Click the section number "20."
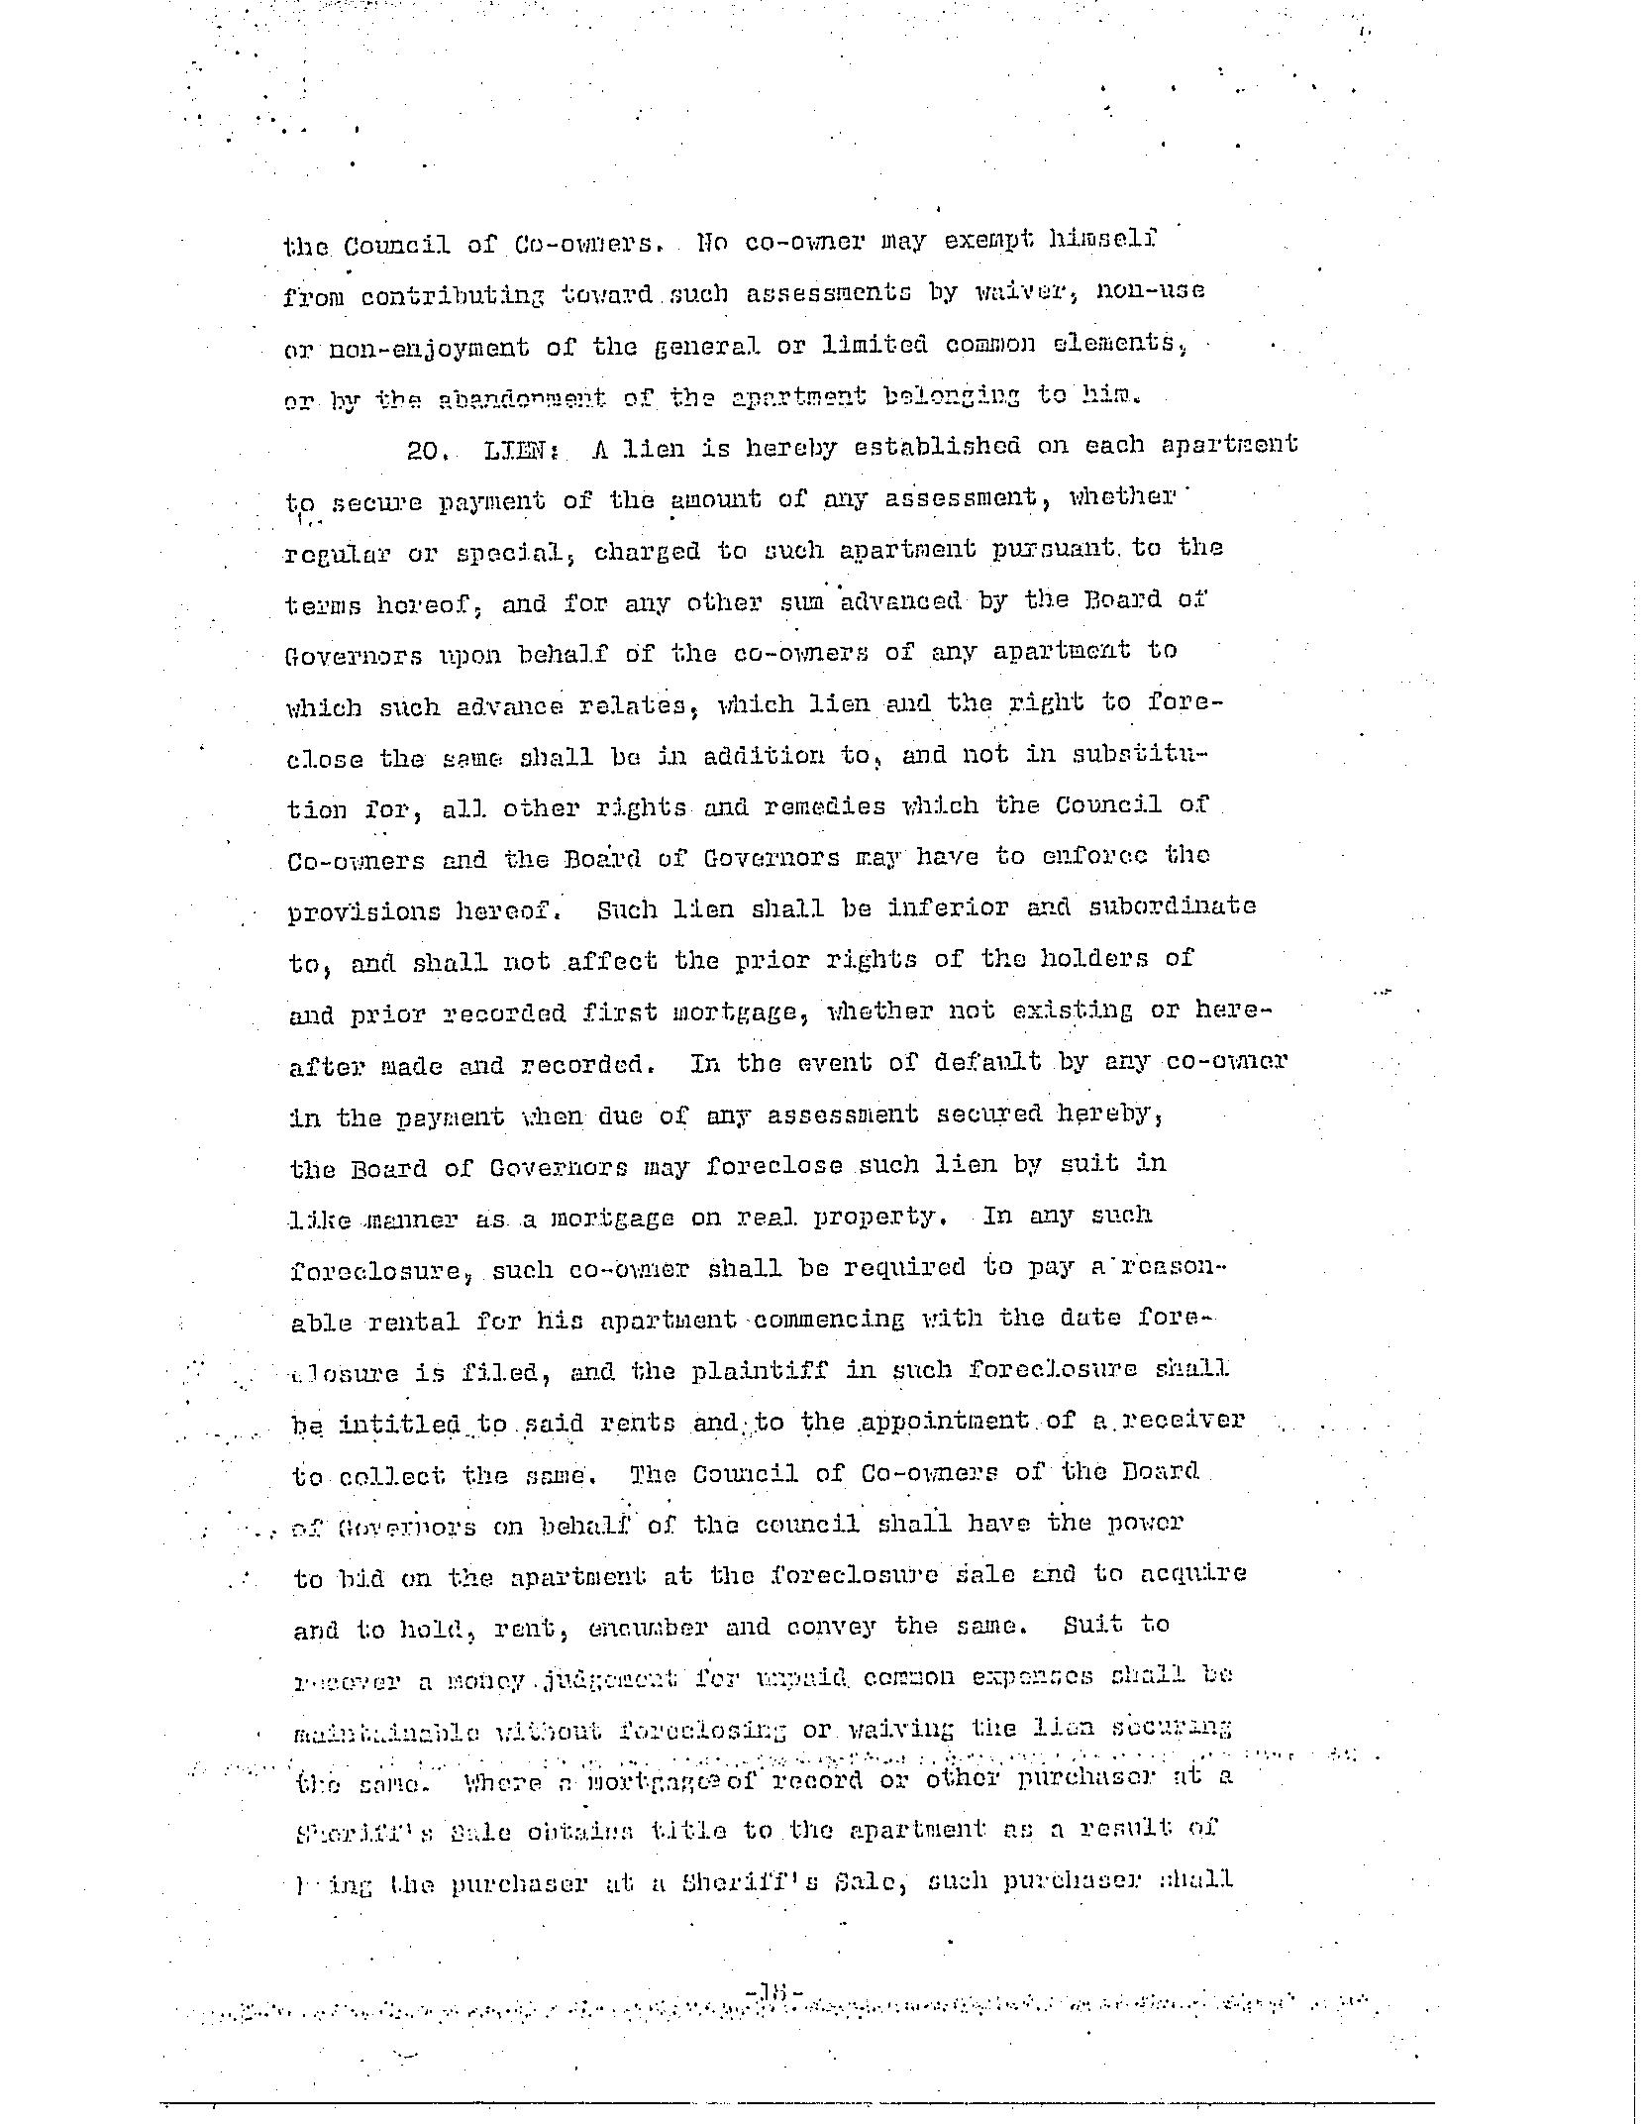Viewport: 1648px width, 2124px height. click(428, 451)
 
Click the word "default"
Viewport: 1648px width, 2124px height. click(987, 1062)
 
